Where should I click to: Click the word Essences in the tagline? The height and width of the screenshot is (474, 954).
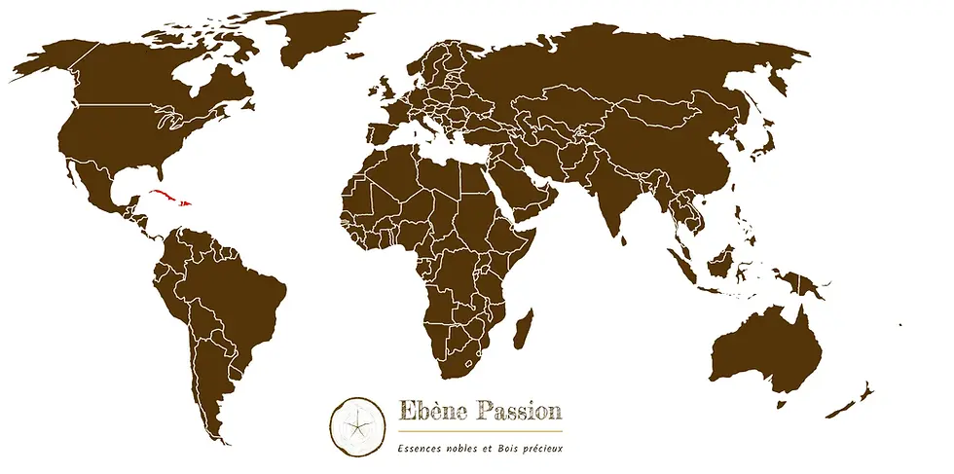coord(420,448)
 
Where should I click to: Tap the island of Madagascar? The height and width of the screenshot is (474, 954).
coord(524,329)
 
